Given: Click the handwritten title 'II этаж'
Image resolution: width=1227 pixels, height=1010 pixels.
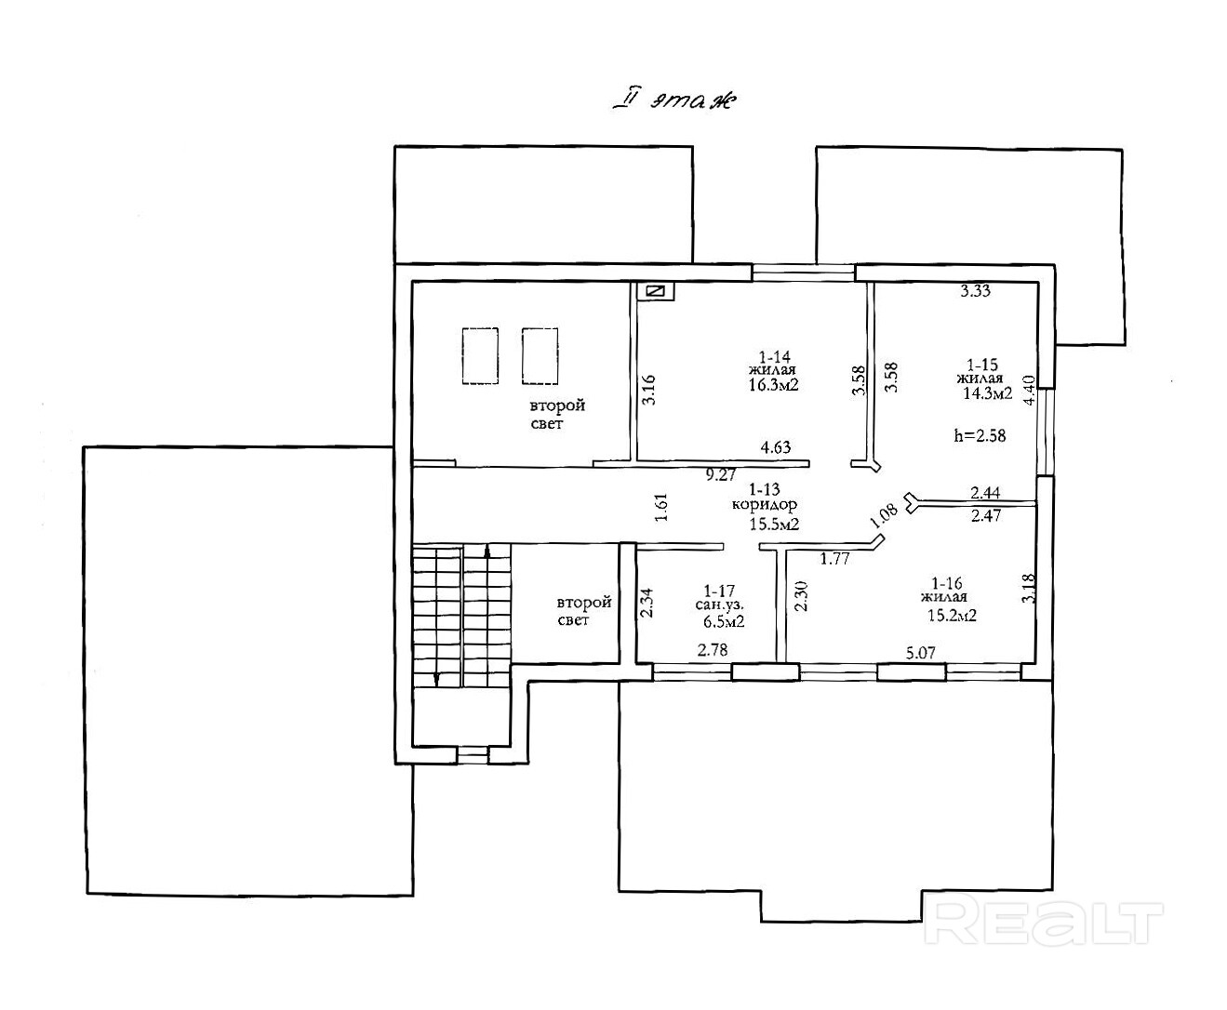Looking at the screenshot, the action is click(x=675, y=101).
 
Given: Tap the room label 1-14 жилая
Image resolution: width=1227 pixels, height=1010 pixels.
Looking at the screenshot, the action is click(x=774, y=363).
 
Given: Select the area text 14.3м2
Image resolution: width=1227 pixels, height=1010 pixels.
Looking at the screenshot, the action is click(x=987, y=393).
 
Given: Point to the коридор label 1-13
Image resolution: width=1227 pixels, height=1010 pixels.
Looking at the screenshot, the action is click(x=764, y=497).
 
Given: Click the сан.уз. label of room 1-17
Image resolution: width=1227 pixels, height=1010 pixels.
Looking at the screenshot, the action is click(x=719, y=605).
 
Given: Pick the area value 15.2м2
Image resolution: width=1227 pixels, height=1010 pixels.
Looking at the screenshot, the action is click(x=952, y=615).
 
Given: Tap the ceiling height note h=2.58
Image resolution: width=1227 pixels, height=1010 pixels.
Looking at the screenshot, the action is click(x=980, y=436).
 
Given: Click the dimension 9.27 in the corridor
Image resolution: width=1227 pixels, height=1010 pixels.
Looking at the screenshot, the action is click(x=721, y=474).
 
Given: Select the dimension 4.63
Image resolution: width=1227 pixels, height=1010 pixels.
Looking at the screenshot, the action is click(x=776, y=447).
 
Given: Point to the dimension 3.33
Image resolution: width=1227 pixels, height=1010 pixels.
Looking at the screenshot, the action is click(x=975, y=291).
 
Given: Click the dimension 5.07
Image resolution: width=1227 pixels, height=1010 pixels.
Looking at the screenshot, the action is click(x=920, y=653).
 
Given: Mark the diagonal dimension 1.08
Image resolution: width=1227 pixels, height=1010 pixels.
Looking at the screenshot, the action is click(x=884, y=515).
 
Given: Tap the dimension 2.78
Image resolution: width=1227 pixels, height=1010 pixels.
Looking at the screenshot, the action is click(x=713, y=649).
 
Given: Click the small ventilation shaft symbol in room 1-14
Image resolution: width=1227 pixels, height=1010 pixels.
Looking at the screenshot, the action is click(x=656, y=291).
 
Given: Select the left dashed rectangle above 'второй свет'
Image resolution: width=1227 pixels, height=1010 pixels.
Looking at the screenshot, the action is click(x=480, y=355).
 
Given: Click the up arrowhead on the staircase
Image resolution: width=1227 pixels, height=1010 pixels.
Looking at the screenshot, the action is click(x=487, y=551).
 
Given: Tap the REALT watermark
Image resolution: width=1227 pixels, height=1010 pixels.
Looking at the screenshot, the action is click(x=1043, y=924).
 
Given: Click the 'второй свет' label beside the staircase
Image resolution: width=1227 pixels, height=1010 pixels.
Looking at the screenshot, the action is click(x=583, y=611).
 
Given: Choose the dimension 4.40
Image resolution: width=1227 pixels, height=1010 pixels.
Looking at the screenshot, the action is click(x=1029, y=391).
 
